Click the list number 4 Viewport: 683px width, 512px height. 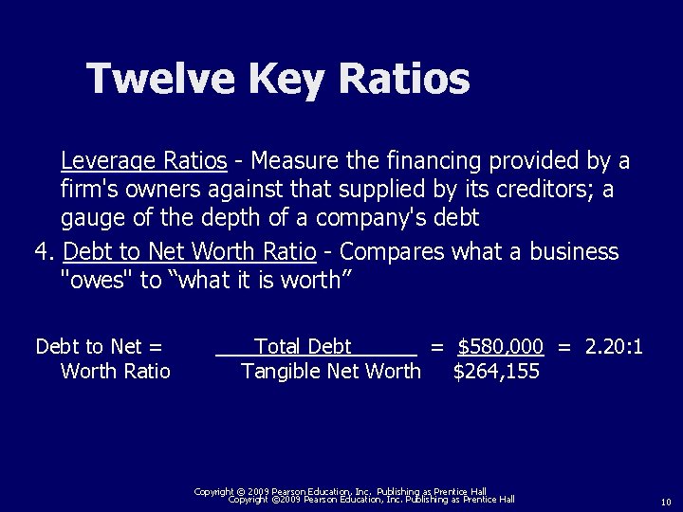41,252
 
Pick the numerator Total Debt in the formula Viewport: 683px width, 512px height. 304,346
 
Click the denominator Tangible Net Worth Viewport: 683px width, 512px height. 331,371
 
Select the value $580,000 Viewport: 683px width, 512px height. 501,346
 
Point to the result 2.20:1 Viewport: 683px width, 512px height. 614,346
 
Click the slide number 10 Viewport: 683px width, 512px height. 666,501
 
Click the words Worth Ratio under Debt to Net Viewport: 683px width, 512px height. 115,371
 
